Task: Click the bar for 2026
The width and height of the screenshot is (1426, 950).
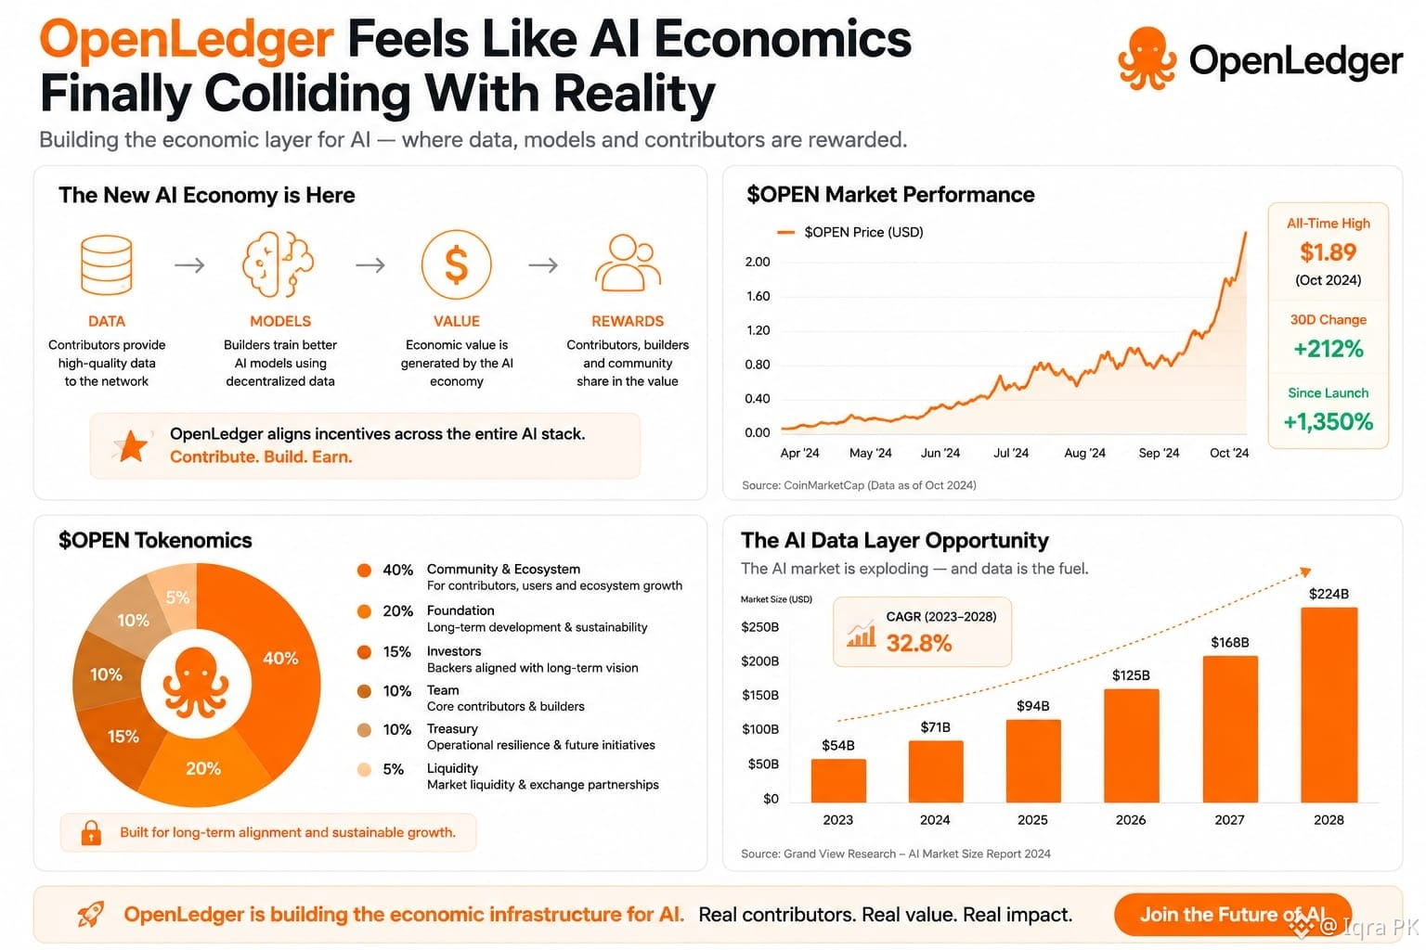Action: pyautogui.click(x=1132, y=745)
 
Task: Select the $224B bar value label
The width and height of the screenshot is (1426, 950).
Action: pyautogui.click(x=1329, y=594)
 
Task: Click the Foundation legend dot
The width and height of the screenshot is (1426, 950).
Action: pyautogui.click(x=364, y=611)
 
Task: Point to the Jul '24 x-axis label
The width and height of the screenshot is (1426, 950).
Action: pyautogui.click(x=1011, y=453)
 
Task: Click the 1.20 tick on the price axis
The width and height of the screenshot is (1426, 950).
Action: pyautogui.click(x=758, y=330)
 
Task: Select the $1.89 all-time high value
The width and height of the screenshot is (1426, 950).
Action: pyautogui.click(x=1328, y=252)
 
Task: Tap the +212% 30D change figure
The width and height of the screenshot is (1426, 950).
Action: pyautogui.click(x=1329, y=349)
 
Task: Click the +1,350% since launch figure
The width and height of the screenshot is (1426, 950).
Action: pyautogui.click(x=1328, y=422)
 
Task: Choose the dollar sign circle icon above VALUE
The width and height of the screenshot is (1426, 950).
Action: pyautogui.click(x=457, y=264)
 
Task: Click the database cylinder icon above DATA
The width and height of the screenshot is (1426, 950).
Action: pyautogui.click(x=107, y=264)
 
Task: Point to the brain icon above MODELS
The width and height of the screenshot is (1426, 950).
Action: pyautogui.click(x=279, y=264)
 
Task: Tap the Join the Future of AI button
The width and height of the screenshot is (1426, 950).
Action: pyautogui.click(x=1233, y=915)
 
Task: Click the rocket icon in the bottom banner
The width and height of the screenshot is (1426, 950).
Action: pyautogui.click(x=91, y=915)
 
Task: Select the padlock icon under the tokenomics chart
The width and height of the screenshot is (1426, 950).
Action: pyautogui.click(x=91, y=832)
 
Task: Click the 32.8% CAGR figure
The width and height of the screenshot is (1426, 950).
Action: pyautogui.click(x=918, y=643)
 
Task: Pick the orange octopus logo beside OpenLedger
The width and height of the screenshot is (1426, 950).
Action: pyautogui.click(x=1147, y=59)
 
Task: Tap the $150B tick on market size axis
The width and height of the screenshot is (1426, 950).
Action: pyautogui.click(x=760, y=696)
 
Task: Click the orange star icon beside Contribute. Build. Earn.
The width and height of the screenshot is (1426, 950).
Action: pyautogui.click(x=132, y=445)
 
